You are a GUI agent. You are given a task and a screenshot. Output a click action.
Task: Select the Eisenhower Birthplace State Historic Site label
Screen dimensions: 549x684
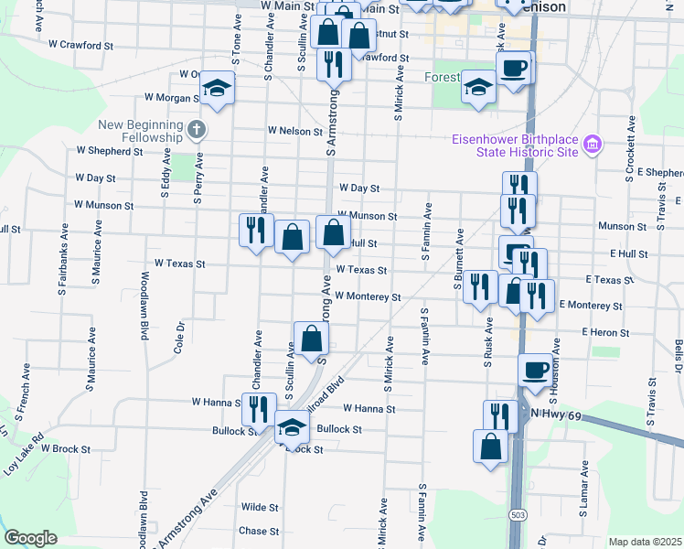pyautogui.click(x=516, y=145)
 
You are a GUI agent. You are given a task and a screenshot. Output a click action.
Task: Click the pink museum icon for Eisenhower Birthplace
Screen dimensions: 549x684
pyautogui.click(x=593, y=144)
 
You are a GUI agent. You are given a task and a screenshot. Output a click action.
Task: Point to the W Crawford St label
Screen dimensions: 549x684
pyautogui.click(x=80, y=44)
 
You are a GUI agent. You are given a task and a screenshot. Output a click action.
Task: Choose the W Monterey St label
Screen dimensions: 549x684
pyautogui.click(x=368, y=296)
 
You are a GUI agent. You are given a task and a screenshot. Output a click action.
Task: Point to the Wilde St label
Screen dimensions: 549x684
pyautogui.click(x=260, y=507)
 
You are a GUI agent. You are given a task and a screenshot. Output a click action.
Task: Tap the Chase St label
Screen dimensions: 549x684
pyautogui.click(x=259, y=531)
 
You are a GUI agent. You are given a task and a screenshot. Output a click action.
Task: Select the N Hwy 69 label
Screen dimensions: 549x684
pyautogui.click(x=557, y=415)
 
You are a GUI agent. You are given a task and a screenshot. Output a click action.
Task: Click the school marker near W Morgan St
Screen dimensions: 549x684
pyautogui.click(x=218, y=89)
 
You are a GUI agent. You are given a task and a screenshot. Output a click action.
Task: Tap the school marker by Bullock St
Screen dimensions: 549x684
pyautogui.click(x=292, y=426)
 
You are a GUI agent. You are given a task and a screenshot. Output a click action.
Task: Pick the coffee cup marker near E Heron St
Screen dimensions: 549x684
pyautogui.click(x=536, y=370)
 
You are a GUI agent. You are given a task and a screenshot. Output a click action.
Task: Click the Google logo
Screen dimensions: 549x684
pyautogui.click(x=30, y=538)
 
